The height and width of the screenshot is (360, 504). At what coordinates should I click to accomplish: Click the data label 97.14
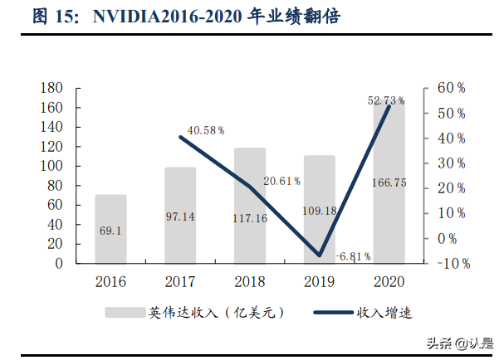click(x=180, y=216)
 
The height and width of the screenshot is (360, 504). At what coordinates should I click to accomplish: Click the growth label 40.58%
click(x=206, y=130)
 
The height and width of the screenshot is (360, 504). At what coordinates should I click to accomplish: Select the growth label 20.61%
click(x=281, y=180)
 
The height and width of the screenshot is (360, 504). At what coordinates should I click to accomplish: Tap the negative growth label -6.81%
click(x=353, y=256)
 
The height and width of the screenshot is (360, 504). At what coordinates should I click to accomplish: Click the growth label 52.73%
click(x=386, y=100)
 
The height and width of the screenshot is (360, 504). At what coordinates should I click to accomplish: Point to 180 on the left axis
click(x=51, y=89)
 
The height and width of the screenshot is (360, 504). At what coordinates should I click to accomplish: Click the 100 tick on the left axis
click(x=51, y=166)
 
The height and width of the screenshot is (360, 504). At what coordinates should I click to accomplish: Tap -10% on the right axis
click(x=448, y=264)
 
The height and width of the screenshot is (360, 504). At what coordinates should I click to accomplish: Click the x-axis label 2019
click(x=319, y=281)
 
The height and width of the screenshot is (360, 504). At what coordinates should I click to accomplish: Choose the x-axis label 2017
click(x=180, y=281)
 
